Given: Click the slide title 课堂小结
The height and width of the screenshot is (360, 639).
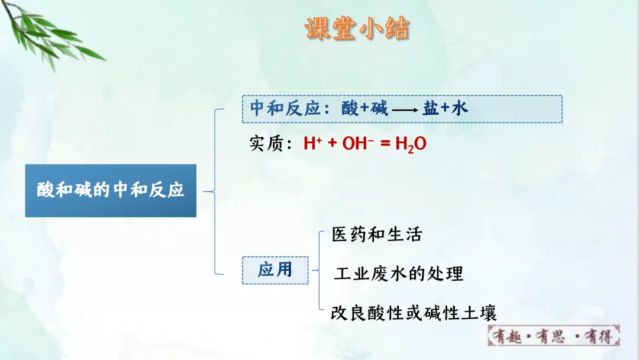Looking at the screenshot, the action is point(357,28).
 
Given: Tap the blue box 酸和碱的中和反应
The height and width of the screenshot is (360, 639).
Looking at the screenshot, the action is point(111,191).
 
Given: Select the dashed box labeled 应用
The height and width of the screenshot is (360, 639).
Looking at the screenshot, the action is point(275,271).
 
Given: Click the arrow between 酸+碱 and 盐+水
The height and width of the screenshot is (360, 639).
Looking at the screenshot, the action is point(405,110).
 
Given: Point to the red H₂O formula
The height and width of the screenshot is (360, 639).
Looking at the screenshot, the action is point(411,144).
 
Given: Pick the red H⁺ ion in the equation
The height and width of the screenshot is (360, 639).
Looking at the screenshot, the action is point(312,143).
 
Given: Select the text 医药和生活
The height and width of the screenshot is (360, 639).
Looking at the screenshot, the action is point(377,234).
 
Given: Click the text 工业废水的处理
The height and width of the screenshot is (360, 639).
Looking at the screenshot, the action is point(399,274).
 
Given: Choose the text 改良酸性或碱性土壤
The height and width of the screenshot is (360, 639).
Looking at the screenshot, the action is point(414,313).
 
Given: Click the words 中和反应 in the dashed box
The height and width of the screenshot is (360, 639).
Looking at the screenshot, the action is point(285,108).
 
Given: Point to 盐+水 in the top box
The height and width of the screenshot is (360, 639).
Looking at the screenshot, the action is point(446,108).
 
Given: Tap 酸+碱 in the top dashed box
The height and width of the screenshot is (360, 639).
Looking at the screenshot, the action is point(364,108).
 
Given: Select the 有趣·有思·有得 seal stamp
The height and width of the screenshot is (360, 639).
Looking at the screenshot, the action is point(553,336).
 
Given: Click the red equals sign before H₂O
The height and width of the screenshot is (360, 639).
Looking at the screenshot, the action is point(386,143).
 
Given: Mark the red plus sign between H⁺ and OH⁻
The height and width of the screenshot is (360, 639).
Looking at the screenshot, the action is point(332,143).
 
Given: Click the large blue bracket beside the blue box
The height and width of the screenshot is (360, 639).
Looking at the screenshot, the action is point(215,192).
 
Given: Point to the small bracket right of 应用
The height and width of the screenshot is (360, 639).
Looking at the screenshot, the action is point(319,271).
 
